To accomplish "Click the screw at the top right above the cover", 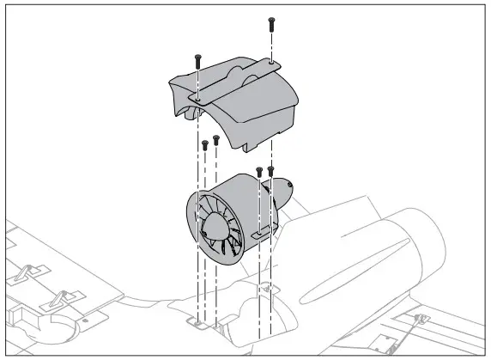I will [x=271, y=23].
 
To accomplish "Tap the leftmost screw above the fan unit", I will [x=204, y=145].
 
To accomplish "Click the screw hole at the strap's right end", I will [x=271, y=62].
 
